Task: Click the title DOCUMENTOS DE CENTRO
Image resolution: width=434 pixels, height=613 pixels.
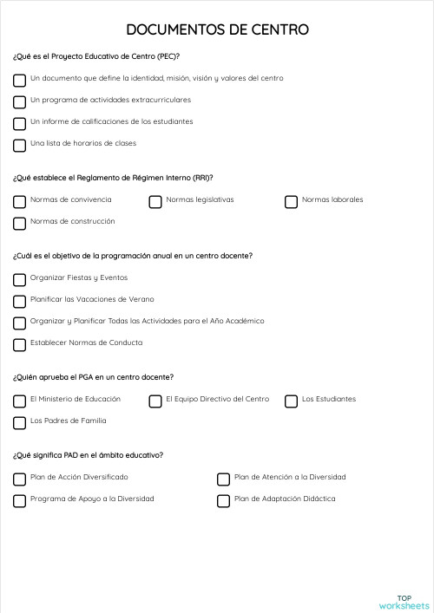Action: pos(217,30)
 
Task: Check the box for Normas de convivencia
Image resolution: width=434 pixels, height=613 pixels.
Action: pos(19,202)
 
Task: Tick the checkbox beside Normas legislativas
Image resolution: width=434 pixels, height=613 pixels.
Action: pos(155,202)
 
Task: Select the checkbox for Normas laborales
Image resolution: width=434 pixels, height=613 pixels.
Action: pos(291,202)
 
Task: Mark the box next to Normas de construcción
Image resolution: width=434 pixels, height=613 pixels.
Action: pos(19,224)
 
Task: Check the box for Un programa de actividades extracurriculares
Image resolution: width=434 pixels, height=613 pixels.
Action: pos(19,102)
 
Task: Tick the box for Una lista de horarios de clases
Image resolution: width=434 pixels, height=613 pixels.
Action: pos(19,146)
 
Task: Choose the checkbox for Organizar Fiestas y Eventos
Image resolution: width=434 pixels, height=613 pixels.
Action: pos(19,280)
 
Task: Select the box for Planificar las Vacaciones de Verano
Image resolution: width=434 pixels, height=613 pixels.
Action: pos(19,302)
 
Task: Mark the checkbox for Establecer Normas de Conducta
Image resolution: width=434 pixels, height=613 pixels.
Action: pos(19,345)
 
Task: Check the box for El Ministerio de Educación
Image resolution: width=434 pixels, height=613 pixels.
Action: pos(19,401)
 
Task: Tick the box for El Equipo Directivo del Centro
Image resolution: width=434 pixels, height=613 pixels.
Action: pos(155,401)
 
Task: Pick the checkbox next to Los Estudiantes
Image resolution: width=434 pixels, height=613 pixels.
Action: pos(291,401)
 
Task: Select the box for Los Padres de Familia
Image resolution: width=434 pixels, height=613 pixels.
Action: pos(19,423)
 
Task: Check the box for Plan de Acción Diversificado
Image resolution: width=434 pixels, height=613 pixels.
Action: pos(19,479)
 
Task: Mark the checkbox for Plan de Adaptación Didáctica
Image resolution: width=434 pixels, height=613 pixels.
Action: pos(223,501)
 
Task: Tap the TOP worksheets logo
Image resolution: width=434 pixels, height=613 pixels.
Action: pos(404,602)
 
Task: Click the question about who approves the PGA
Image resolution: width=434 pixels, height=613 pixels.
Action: pos(93,377)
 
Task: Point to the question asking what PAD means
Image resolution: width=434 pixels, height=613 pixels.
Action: pos(88,455)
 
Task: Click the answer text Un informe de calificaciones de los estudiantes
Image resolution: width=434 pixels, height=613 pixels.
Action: pos(111,121)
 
